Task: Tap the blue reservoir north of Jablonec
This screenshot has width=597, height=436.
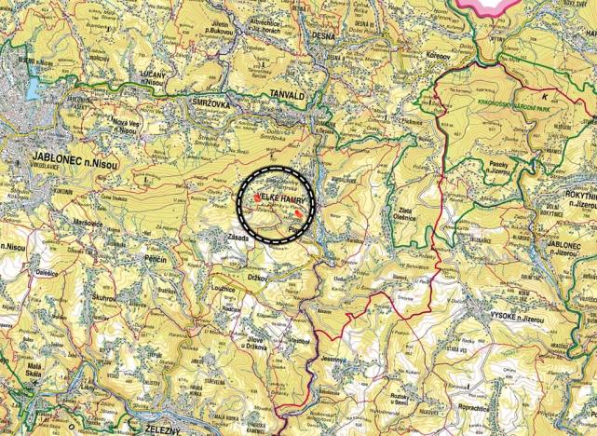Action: click(x=29, y=87)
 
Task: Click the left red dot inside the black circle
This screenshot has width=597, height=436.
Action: click(x=257, y=198)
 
